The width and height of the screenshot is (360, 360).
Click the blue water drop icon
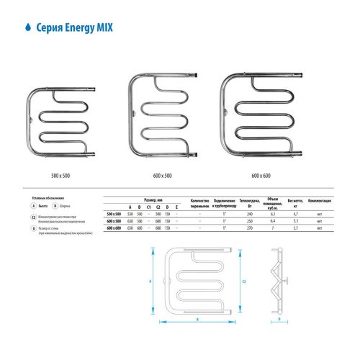pos(27,25)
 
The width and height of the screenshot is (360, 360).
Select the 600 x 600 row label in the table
pos(114,228)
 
